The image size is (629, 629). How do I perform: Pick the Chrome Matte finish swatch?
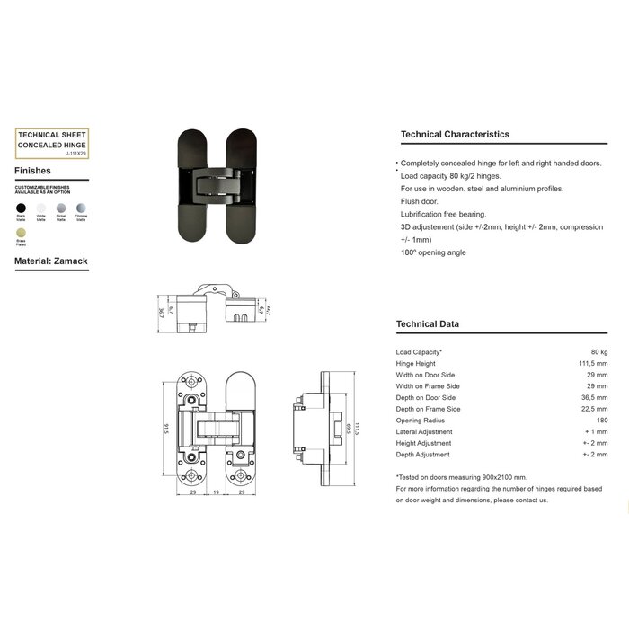81,207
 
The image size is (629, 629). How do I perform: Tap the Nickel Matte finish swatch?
60,207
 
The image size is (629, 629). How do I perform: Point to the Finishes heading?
32,170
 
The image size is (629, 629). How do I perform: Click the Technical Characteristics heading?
455,135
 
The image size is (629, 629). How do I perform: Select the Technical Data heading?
428,324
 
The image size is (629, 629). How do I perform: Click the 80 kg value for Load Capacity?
598,352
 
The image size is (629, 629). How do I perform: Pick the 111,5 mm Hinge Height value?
593,364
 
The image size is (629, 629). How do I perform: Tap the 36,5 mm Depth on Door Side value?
595,397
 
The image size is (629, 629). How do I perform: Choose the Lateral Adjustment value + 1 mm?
596,431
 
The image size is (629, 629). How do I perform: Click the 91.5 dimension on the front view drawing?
167,429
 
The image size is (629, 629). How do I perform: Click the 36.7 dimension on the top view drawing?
161,312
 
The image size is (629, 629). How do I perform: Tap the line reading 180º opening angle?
433,252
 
